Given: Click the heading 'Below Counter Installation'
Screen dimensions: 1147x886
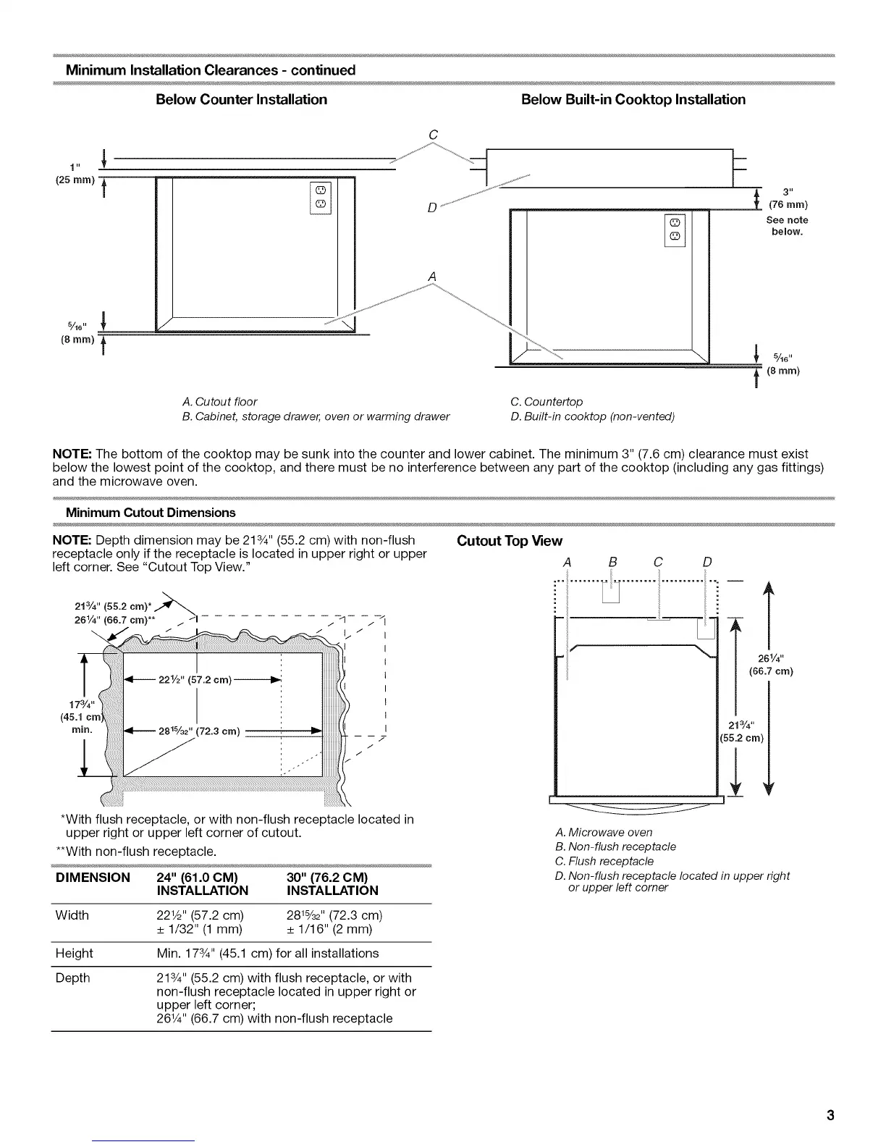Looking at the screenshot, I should point(241,99).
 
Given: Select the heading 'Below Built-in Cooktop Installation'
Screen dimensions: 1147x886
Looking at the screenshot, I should point(633,99).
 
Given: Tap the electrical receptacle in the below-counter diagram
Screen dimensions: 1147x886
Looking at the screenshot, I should point(321,197).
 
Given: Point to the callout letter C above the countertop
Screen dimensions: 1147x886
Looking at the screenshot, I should point(433,135).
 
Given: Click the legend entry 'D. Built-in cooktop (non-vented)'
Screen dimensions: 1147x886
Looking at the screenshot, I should point(592,416).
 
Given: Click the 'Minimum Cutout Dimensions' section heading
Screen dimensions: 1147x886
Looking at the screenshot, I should point(151,512).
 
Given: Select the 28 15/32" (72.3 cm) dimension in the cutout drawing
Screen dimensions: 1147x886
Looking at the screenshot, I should point(199,731).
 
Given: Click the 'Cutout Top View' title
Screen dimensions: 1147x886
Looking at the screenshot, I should point(509,541).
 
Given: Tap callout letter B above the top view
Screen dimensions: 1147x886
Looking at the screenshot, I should point(612,562).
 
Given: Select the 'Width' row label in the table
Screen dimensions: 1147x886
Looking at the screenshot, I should point(72,915).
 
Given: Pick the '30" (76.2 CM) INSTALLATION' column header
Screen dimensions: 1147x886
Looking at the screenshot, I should point(332,883).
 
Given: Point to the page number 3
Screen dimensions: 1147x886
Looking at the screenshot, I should point(830,1114).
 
